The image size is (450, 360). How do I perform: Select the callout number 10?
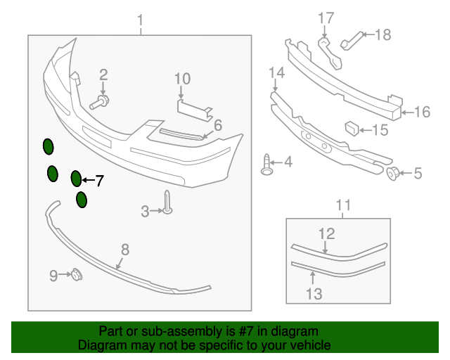[182, 78]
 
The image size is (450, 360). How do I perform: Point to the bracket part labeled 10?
[193, 107]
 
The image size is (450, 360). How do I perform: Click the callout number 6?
[217, 125]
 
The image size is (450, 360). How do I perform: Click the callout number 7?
[99, 181]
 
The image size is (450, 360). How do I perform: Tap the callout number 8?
[125, 248]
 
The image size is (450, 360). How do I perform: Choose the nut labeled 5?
[395, 172]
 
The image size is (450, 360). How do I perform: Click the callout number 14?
[276, 72]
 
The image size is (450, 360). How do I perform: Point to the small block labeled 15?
[352, 128]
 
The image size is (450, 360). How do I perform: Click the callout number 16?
[422, 112]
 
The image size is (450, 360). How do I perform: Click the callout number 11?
[342, 205]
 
